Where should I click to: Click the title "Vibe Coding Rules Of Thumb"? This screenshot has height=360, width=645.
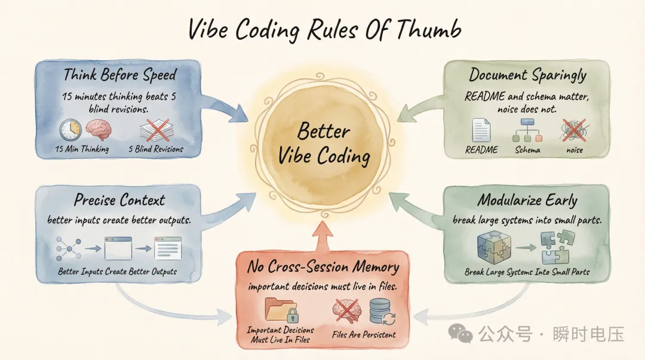322,29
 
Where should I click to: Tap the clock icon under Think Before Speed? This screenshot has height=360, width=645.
70,130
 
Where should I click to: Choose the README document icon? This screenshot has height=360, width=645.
481,130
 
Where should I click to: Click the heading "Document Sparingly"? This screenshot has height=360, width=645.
527,75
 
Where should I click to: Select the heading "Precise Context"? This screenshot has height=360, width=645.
119,199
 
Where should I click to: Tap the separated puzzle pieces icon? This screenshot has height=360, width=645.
558,247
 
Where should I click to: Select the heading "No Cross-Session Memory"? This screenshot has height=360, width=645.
322,267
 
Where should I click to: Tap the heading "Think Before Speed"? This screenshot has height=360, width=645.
119,75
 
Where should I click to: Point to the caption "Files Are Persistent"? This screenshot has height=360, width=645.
364,334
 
